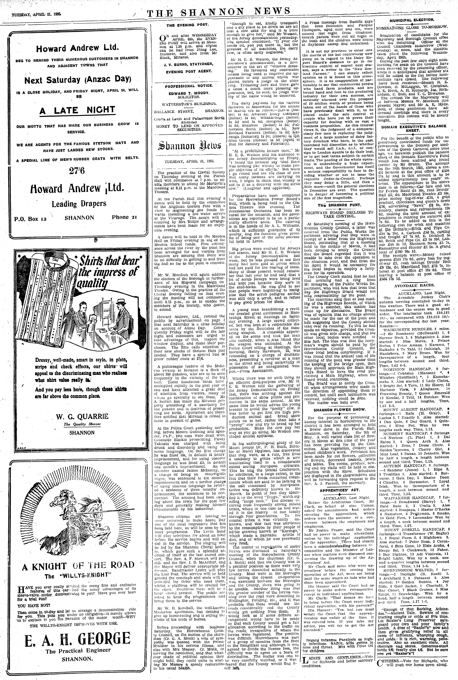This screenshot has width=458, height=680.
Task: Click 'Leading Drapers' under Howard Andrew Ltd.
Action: point(79,204)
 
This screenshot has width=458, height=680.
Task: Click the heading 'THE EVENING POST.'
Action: point(187,25)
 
